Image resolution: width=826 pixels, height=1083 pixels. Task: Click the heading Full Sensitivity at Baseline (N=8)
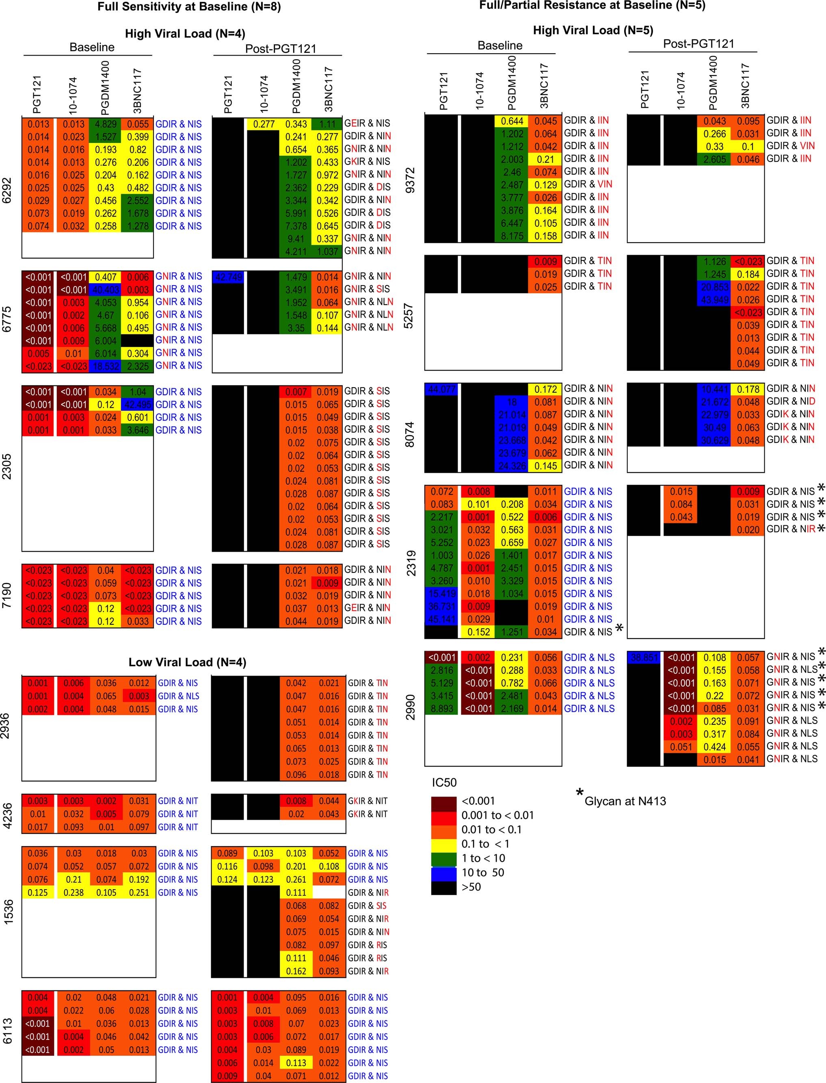tap(189, 7)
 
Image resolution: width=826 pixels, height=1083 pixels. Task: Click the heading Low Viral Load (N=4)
tap(187, 662)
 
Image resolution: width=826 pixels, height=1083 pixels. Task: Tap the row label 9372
tap(411, 180)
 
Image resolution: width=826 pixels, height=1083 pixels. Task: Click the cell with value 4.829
tap(105, 124)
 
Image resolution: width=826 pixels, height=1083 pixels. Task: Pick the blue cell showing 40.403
tap(105, 289)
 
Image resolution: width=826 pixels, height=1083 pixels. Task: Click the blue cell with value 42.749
tap(228, 277)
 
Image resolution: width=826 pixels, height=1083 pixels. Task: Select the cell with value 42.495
tap(138, 405)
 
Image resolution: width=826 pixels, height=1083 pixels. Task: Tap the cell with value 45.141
tap(441, 619)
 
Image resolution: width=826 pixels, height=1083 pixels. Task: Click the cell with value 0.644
tap(511, 121)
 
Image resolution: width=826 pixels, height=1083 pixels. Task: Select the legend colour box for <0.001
tap(443, 801)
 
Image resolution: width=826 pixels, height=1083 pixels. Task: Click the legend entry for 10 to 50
tap(482, 873)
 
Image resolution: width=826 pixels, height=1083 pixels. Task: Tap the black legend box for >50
tap(443, 887)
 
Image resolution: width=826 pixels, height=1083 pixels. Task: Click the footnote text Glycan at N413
tap(625, 801)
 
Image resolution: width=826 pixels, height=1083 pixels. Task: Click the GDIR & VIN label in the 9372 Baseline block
tap(588, 184)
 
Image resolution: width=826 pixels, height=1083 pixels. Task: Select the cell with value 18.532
tap(105, 366)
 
